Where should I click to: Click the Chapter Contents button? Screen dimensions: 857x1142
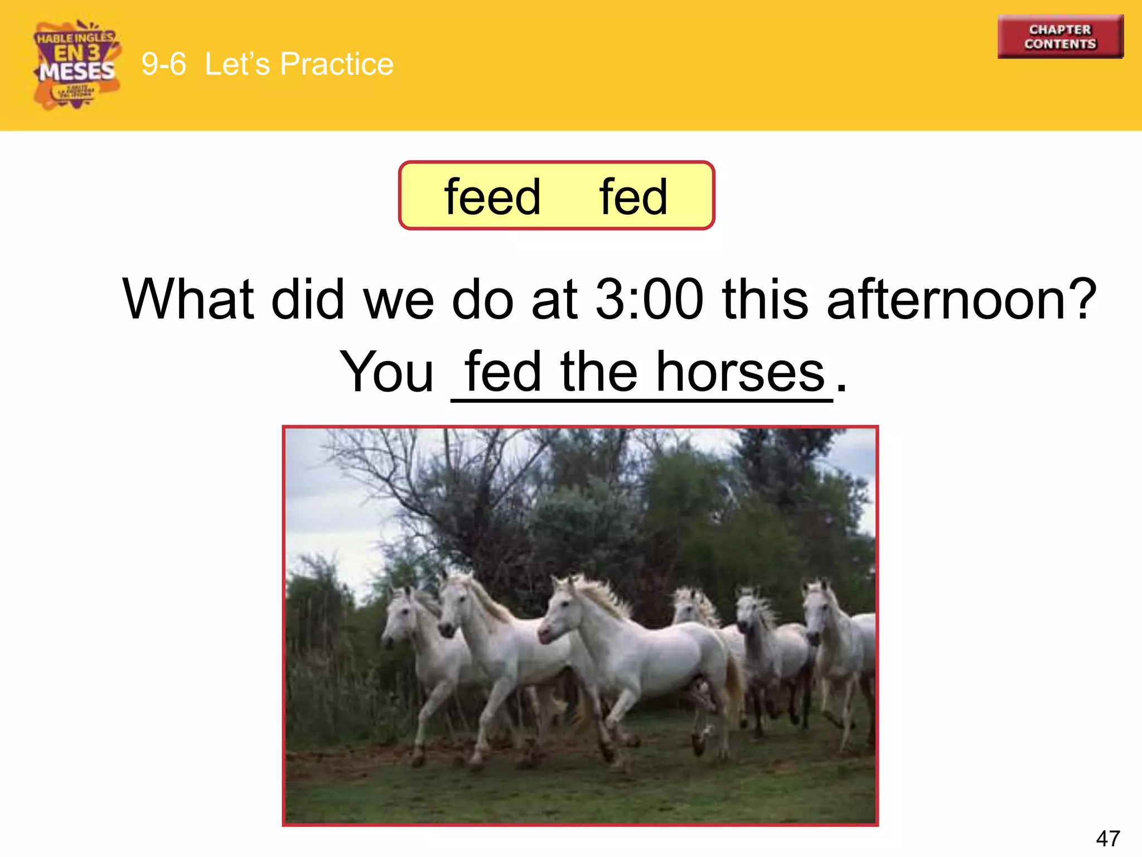tap(1060, 37)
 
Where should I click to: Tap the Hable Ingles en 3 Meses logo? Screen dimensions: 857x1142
tap(76, 65)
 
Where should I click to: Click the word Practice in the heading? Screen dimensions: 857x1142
tap(336, 64)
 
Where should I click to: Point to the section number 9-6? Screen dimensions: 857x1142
tap(163, 64)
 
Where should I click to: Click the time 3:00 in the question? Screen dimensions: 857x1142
tap(649, 300)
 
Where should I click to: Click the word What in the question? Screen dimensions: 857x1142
tap(188, 300)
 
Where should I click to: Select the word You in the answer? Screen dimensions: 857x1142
tap(386, 372)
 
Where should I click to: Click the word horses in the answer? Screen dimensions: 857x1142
tap(740, 372)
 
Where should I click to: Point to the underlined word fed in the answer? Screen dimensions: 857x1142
tap(503, 372)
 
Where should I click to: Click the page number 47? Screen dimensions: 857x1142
tap(1107, 839)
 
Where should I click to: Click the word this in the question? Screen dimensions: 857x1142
tap(764, 300)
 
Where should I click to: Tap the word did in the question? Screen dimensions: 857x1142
tap(307, 300)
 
